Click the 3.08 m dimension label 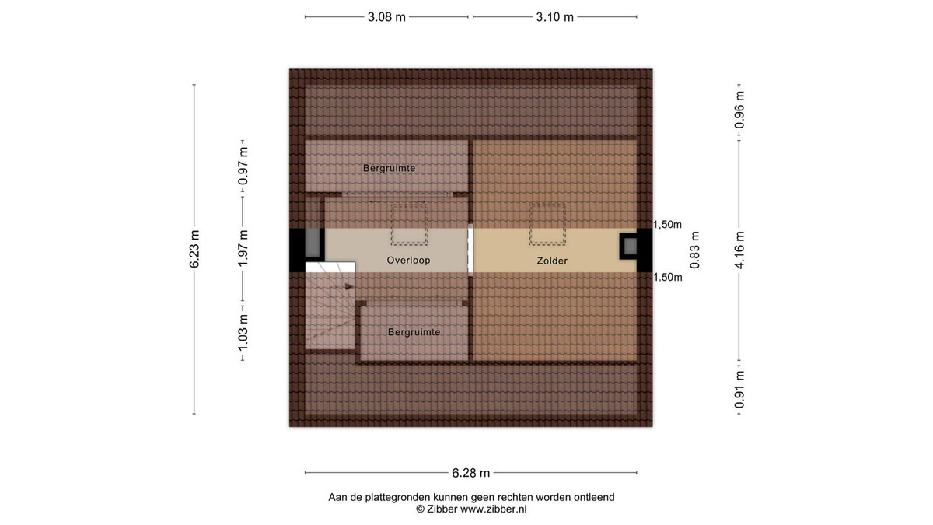point(386,17)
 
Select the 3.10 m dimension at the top point(555,17)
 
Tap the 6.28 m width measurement point(470,473)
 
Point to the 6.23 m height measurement point(194,249)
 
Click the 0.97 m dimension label point(243,166)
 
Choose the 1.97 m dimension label point(243,248)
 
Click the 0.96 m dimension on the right point(739,110)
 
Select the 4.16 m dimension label point(739,250)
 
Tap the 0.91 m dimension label point(739,390)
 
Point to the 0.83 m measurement point(695,250)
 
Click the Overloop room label point(408,260)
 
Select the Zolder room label point(552,261)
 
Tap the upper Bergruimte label point(389,168)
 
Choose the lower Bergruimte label point(414,332)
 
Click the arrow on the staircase point(349,286)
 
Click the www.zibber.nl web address point(493,509)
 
